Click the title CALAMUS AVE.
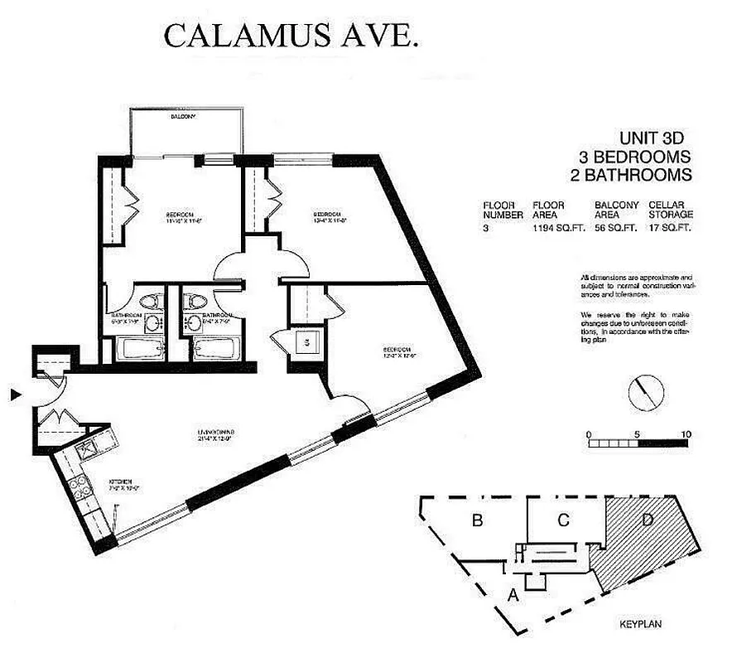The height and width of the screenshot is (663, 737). (291, 37)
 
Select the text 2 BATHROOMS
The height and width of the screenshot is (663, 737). (631, 175)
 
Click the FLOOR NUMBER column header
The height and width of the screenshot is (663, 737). (503, 210)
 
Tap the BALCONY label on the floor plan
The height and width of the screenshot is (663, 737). (183, 117)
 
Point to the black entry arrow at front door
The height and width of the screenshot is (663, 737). (14, 396)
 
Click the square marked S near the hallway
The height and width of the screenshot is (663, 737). (305, 341)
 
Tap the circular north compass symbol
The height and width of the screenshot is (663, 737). (645, 390)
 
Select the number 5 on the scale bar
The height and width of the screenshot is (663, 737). (637, 433)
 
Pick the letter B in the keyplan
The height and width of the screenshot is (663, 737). (477, 520)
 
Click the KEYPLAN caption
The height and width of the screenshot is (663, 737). (643, 623)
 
